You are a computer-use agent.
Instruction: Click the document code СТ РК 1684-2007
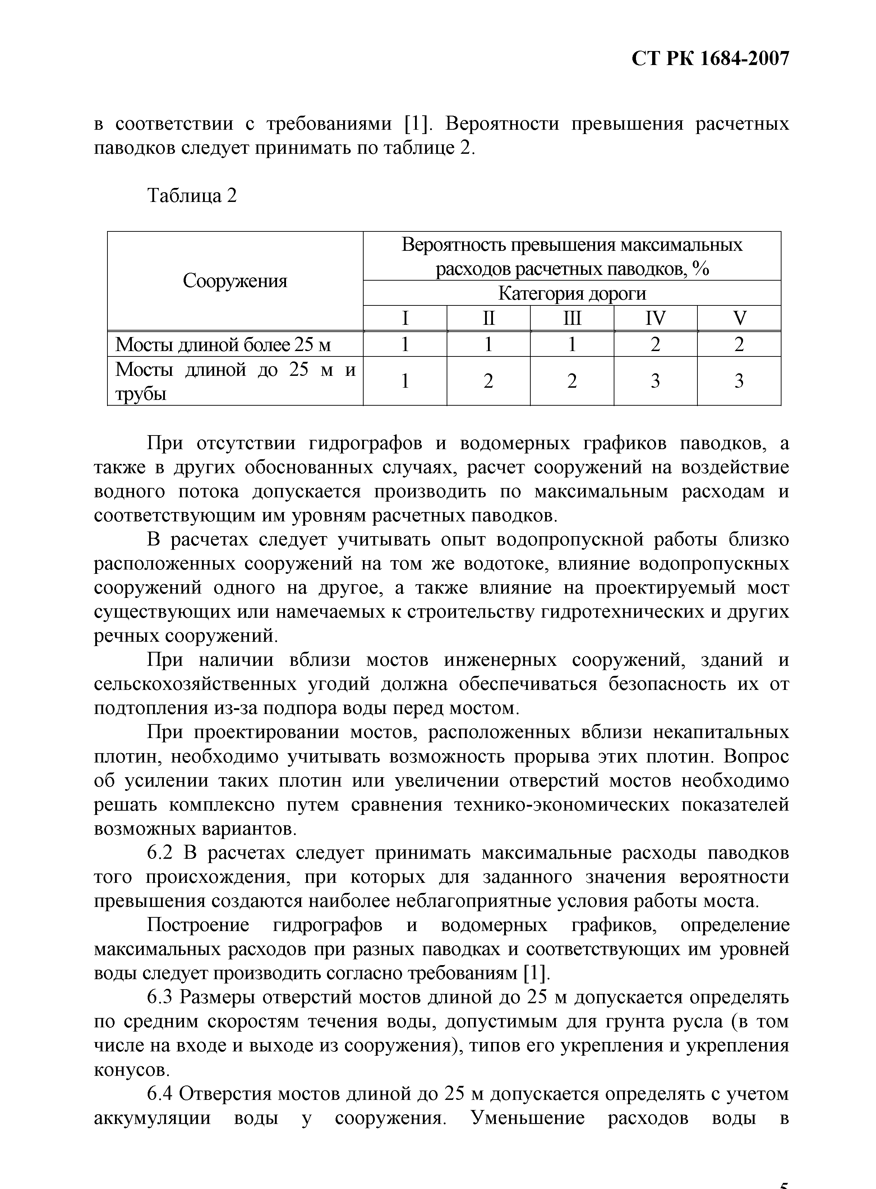pos(711,58)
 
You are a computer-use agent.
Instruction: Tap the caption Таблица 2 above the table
pos(192,196)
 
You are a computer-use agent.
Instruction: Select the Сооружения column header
pos(235,281)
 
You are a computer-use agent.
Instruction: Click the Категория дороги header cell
pos(572,293)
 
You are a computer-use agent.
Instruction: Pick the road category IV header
pos(655,318)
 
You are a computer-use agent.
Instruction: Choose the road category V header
pos(739,318)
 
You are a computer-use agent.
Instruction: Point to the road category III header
pos(572,318)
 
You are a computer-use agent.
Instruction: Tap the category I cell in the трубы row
pos(405,381)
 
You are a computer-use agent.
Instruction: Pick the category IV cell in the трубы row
pos(655,381)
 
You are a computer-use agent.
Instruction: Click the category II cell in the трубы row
pos(488,381)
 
